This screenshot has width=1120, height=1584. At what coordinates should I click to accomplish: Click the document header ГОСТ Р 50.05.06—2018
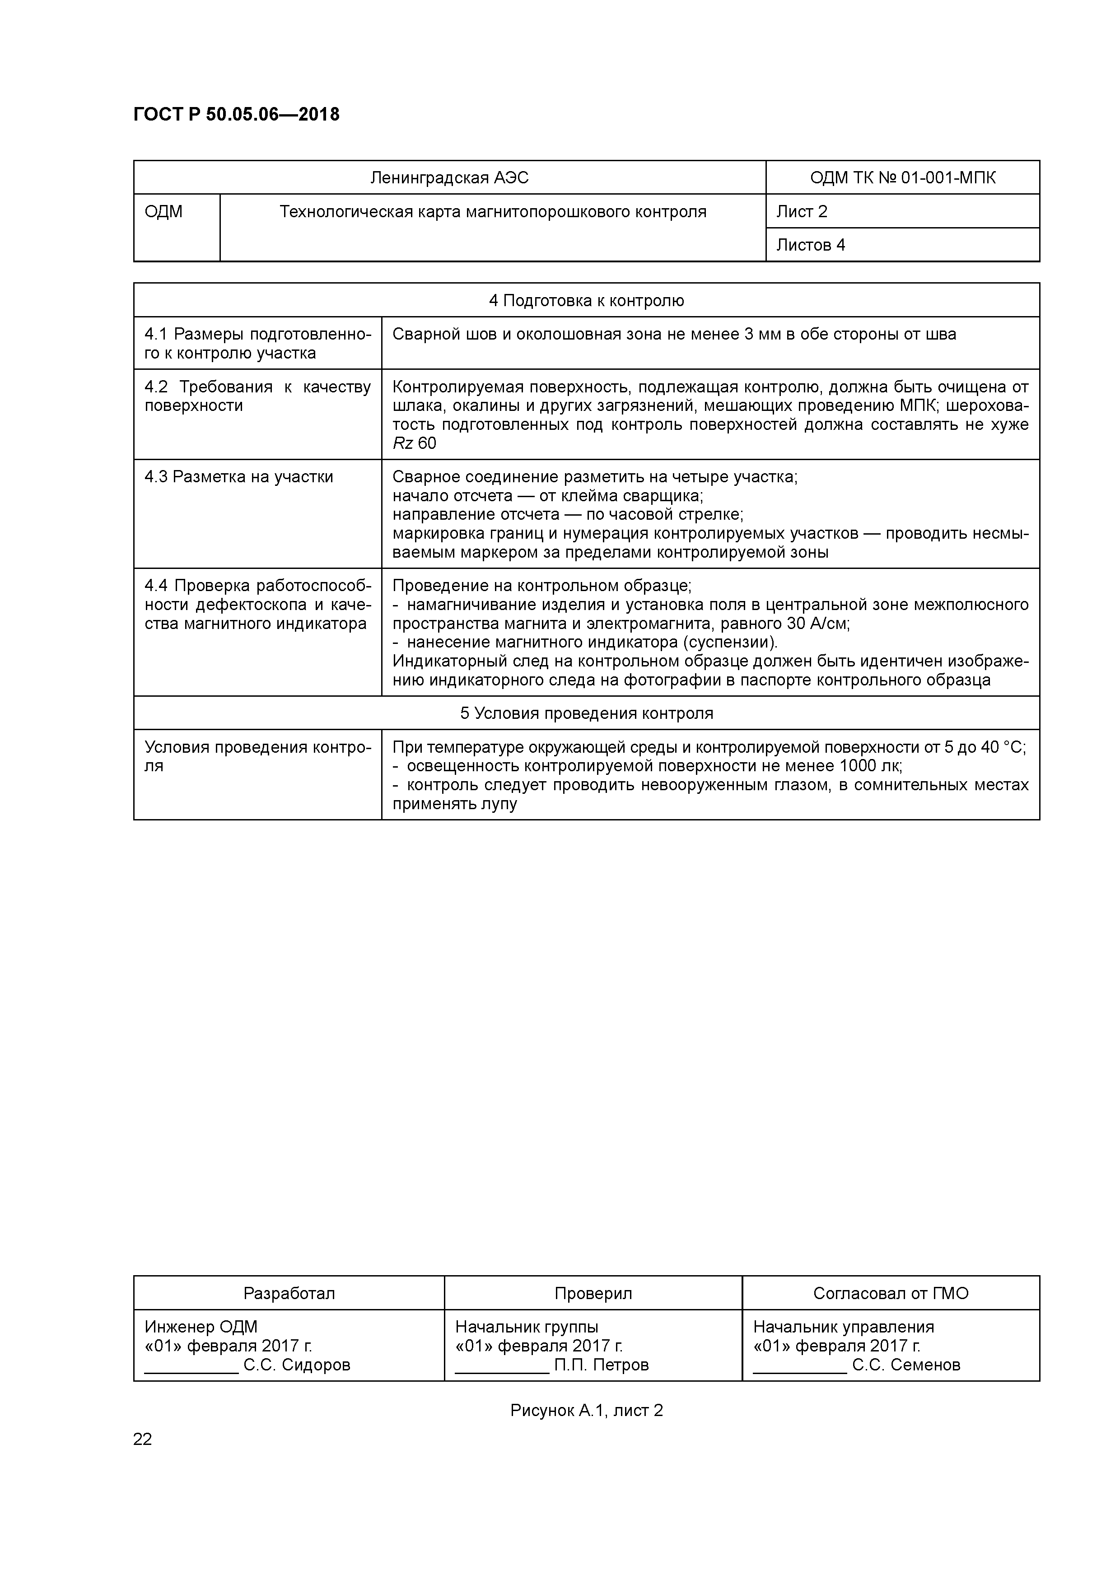236,115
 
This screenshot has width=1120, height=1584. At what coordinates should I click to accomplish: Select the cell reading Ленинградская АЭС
449,178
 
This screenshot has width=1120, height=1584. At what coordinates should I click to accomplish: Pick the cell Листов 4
810,245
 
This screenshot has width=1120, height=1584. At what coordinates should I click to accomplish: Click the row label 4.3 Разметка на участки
239,477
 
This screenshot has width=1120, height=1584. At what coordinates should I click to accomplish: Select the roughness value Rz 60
414,443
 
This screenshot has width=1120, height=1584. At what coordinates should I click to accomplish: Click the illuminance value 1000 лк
869,766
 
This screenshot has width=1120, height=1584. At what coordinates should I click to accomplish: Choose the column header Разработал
289,1294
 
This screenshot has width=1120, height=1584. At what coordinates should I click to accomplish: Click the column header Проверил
593,1294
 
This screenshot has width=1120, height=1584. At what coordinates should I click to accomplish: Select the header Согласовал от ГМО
890,1294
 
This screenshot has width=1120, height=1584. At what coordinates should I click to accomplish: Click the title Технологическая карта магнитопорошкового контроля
493,212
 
